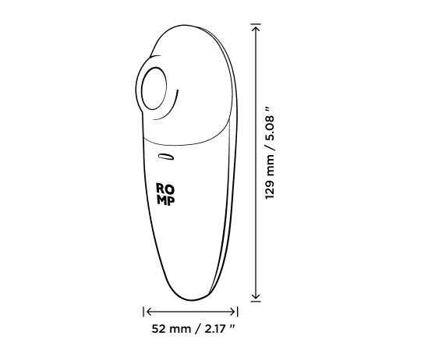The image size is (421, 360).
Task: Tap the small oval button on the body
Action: point(165,158)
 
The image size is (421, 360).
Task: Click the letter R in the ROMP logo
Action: point(161,188)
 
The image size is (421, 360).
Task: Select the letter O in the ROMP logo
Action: point(171,188)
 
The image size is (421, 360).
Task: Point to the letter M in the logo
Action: point(161,200)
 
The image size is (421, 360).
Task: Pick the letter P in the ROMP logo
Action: point(172,200)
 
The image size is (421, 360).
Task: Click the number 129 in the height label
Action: point(270,185)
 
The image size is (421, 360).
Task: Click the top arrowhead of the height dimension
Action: point(255,30)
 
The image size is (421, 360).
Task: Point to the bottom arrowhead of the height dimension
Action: point(255,296)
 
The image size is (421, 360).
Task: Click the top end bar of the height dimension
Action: point(255,25)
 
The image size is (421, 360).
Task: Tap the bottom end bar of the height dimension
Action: point(255,302)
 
